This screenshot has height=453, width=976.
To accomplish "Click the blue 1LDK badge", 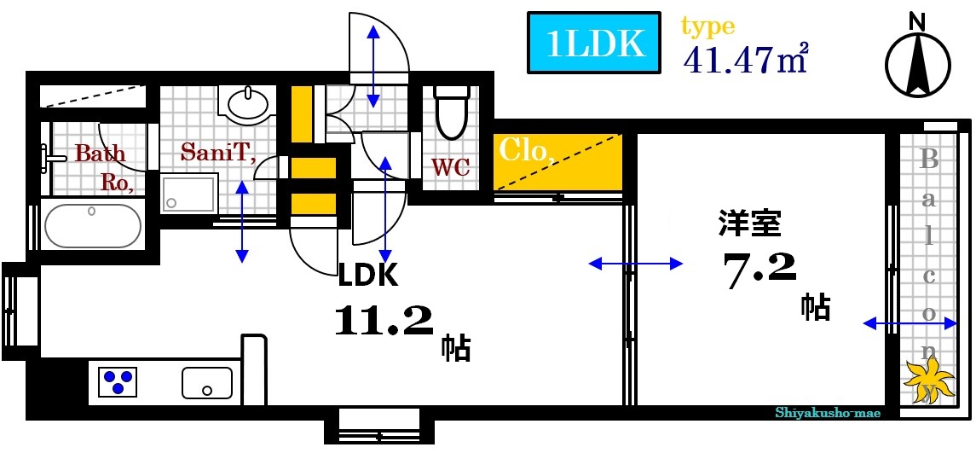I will coord(594,42).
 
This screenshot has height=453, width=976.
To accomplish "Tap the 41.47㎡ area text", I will coord(745,59).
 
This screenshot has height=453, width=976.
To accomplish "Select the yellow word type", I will coord(707,26).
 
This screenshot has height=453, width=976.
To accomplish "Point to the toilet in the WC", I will coord(452,112).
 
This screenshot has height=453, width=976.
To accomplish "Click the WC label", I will coord(451,167).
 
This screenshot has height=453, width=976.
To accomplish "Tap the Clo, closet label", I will coord(527,151).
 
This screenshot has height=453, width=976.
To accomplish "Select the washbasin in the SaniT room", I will coord(247,102).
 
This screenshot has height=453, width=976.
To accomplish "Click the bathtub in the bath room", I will coord(92,225).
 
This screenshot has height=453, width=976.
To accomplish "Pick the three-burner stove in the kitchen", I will coord(118,381).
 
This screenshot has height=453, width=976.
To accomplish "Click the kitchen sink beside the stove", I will coord(207,382).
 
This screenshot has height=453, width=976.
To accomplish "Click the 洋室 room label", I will coord(748,224).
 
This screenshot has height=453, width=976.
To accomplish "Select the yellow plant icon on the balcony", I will coord(927,375).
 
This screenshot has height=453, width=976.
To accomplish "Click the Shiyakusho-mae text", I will coord(827,413).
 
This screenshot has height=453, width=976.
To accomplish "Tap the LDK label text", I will coord(367,274).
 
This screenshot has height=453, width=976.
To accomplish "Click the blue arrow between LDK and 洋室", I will coord(636,264).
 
